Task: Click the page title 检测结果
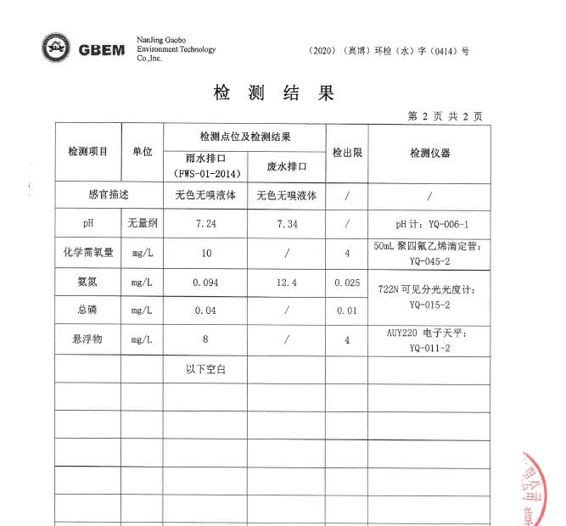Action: (x=274, y=93)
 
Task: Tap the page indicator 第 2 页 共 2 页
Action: (x=445, y=116)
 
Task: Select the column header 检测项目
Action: (x=88, y=152)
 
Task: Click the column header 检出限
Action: (x=347, y=153)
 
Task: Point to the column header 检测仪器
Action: (x=429, y=153)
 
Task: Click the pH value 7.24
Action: (x=205, y=224)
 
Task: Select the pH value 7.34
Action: (x=287, y=224)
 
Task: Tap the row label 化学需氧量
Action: (x=88, y=253)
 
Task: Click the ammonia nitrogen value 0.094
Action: (x=205, y=283)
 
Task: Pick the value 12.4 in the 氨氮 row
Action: (x=287, y=283)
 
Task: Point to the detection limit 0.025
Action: (x=347, y=283)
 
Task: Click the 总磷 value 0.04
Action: (x=205, y=311)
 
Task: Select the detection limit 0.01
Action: (x=347, y=311)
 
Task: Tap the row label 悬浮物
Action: (x=88, y=340)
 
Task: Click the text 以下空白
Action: (x=205, y=369)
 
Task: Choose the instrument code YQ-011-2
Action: (x=429, y=348)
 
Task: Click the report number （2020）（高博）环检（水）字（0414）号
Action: (x=389, y=51)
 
